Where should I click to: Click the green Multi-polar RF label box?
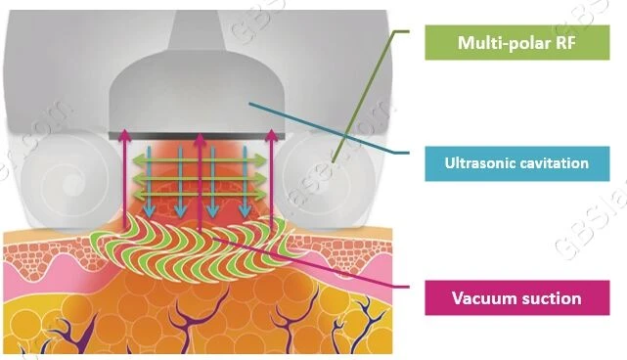point(517,42)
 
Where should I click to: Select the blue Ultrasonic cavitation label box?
point(517,163)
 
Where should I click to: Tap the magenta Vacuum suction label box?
point(517,297)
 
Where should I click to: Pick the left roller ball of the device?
point(71,183)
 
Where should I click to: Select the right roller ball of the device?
point(325,182)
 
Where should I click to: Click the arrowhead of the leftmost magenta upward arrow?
point(124,134)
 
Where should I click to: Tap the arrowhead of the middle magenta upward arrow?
point(200,138)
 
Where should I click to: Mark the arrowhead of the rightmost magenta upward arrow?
point(272,134)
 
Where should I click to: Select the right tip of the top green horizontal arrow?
point(266,160)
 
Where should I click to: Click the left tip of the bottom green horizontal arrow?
point(133,196)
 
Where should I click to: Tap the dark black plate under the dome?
point(197,136)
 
